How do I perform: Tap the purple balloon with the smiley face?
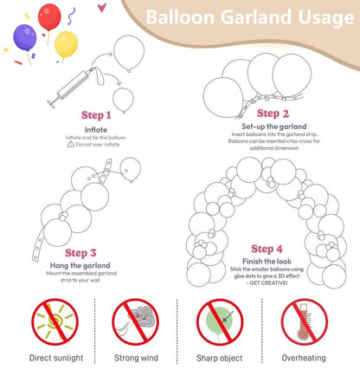pos(25,37)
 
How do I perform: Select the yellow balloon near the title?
pos(66,44)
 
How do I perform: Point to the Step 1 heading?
pos(96,114)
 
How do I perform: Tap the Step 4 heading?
pos(267,250)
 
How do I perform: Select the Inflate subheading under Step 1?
pos(96,130)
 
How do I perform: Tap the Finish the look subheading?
pos(267,263)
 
